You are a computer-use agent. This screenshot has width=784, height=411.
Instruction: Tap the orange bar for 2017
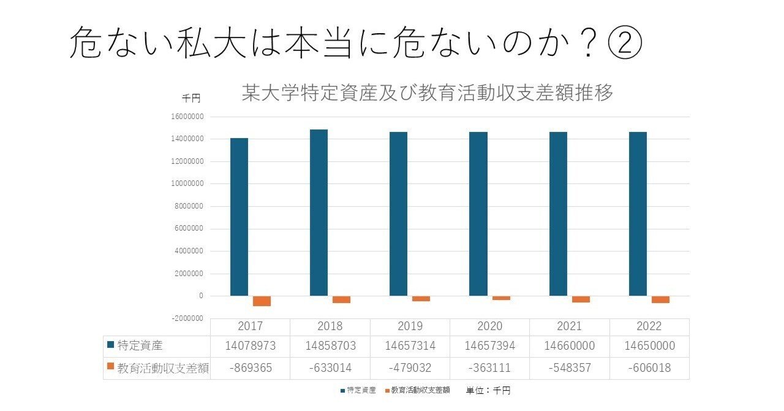(262, 301)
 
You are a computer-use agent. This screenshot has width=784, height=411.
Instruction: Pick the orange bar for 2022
(660, 299)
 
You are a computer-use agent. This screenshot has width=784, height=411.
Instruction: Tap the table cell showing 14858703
(330, 346)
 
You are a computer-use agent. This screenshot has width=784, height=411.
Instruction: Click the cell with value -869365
(250, 369)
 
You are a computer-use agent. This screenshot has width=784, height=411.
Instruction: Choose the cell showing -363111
(489, 369)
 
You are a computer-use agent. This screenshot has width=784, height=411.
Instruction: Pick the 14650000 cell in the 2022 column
(649, 346)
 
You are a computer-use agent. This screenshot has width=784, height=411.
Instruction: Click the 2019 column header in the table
(410, 326)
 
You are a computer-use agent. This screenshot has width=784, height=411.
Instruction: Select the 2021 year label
(569, 326)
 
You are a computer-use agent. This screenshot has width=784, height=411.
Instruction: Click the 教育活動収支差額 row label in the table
(162, 369)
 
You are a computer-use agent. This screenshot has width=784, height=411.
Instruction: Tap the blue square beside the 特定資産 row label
(110, 345)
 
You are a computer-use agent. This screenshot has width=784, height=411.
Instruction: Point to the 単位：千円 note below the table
(488, 391)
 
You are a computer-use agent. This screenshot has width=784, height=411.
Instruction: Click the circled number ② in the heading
(624, 43)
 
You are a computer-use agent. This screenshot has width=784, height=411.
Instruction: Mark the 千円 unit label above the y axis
(190, 98)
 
